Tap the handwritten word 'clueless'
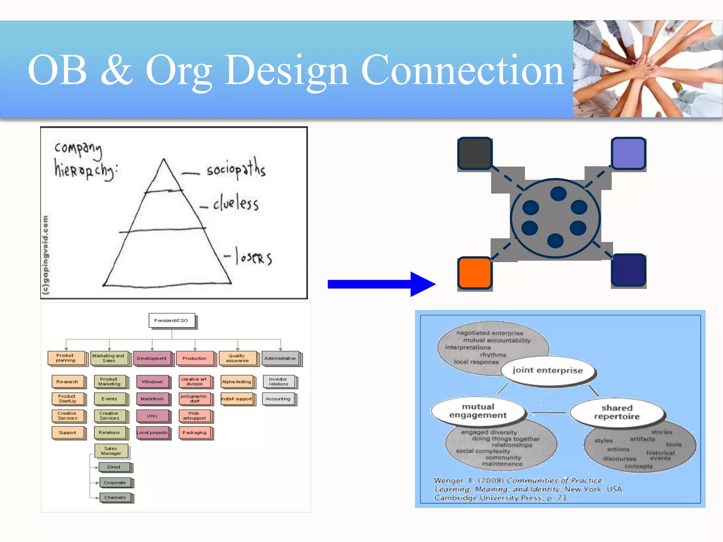236,203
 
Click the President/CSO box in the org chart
172,320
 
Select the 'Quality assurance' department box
237,358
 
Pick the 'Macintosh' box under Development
152,399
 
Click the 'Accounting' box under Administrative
278,399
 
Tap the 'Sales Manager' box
111,451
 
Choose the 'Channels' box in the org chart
115,498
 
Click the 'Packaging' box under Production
195,433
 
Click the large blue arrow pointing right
381,284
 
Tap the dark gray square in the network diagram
474,153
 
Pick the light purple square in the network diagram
628,153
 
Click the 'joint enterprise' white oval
548,371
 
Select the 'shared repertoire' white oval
617,412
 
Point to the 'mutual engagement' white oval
478,411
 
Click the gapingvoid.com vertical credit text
46,254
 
